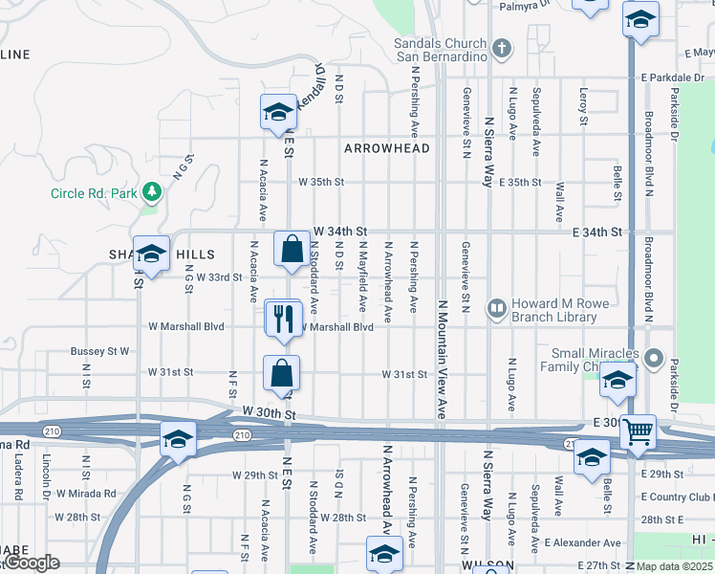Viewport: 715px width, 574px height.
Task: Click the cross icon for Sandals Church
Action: pos(502,47)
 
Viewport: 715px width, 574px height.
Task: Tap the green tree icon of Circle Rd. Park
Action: pos(151,193)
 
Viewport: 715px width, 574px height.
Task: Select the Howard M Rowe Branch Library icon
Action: pos(496,308)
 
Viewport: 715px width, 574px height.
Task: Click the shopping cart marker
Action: pos(638,431)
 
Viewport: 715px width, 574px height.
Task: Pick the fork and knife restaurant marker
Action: pos(283,319)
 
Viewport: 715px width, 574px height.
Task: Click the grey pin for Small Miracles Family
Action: pos(654,359)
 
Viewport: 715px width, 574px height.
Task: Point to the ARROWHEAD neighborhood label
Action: pos(387,148)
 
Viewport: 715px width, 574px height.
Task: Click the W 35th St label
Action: pos(320,182)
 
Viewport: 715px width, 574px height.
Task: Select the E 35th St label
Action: pos(519,182)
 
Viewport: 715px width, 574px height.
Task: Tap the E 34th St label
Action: pos(597,232)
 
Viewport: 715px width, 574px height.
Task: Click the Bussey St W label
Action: pos(99,351)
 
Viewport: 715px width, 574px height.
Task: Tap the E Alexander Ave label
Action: pos(582,542)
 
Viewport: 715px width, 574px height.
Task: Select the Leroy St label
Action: pos(583,106)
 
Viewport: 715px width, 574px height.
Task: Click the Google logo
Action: pos(32,563)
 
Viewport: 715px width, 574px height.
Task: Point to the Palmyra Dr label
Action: pos(525,5)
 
